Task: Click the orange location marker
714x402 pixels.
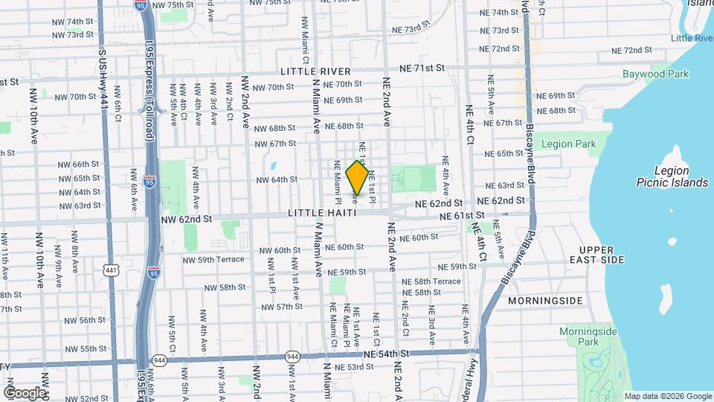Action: [x=357, y=178]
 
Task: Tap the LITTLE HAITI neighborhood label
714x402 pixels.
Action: [x=322, y=214]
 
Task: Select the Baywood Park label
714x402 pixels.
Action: [x=656, y=74]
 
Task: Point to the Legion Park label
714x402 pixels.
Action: [x=569, y=144]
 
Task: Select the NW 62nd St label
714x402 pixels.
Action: [x=187, y=220]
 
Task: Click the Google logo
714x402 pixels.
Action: [x=25, y=392]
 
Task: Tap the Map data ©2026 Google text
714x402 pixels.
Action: [x=667, y=396]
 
